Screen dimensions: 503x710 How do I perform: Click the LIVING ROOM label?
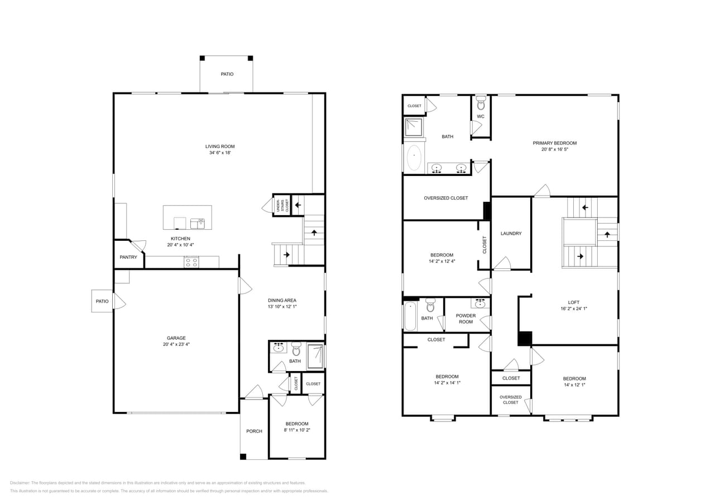tap(220, 146)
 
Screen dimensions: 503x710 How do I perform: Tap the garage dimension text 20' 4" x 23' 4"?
tap(176, 345)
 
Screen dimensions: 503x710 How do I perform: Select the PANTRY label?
tap(128, 257)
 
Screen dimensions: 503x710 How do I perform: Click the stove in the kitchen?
tap(191, 262)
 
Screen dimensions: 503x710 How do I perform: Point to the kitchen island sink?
tap(198, 224)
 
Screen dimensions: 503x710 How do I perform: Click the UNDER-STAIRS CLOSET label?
tap(281, 205)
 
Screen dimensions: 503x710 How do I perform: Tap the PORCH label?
tap(254, 431)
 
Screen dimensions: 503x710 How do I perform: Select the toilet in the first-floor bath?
tap(296, 349)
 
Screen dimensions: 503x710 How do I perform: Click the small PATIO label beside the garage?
tap(102, 301)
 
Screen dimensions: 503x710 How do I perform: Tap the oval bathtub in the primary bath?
tap(414, 158)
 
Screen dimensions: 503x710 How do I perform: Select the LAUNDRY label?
tap(511, 234)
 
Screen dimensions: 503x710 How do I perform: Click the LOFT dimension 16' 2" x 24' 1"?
tap(574, 309)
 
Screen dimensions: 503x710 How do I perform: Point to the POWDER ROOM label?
tap(466, 319)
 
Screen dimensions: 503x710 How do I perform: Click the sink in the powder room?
tap(481, 303)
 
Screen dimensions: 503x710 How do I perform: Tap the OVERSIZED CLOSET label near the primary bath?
tap(445, 198)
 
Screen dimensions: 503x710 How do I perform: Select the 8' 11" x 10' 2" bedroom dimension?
tap(296, 430)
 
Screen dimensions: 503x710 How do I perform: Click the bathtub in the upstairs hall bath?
tap(410, 316)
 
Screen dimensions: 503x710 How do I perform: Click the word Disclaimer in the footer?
tap(20, 483)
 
